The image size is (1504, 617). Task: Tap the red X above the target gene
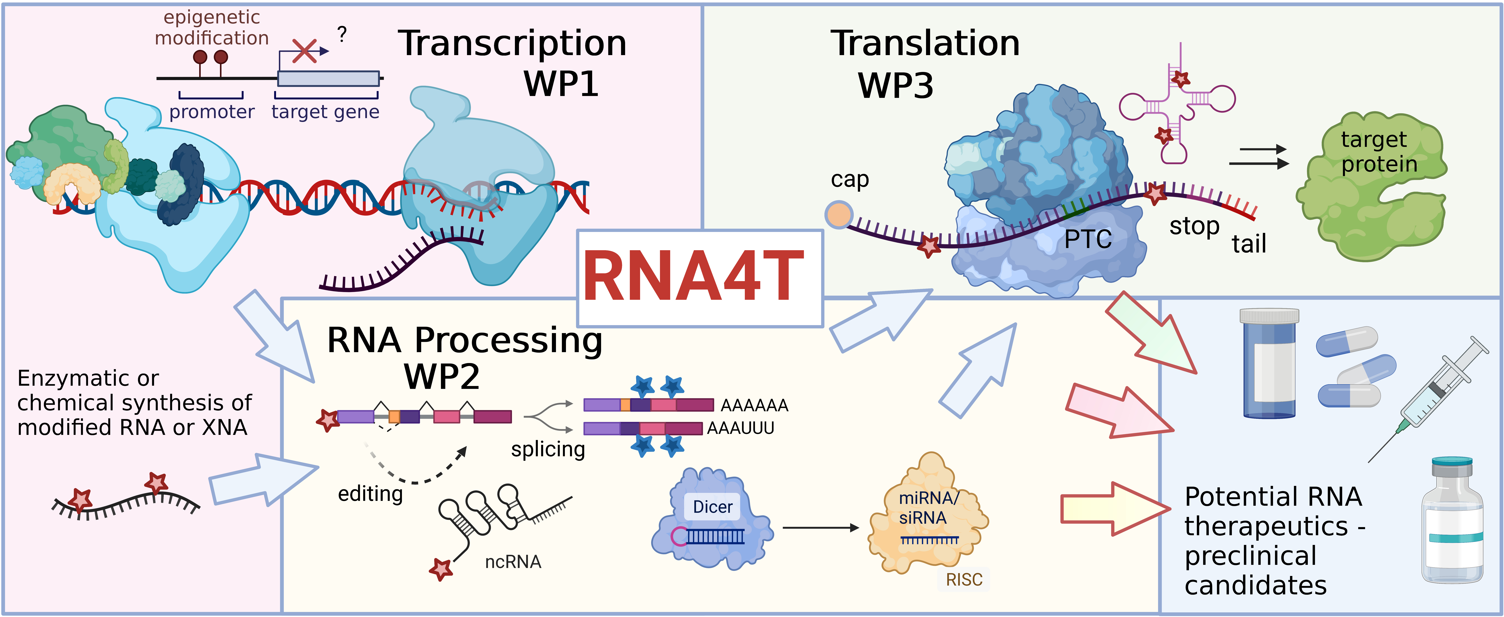pos(304,51)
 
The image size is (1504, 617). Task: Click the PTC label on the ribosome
pos(1088,239)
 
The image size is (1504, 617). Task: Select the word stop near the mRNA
pos(1194,226)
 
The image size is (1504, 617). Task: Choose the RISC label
pos(964,580)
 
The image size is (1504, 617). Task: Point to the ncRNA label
pos(513,562)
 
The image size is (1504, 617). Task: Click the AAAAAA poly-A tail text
pos(754,405)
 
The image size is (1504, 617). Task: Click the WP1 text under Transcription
pos(561,84)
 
